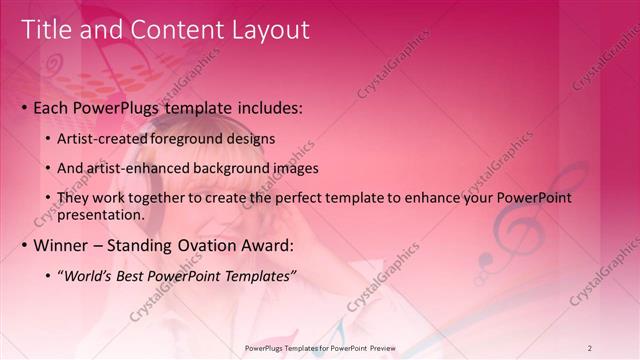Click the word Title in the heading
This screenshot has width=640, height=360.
pos(47,30)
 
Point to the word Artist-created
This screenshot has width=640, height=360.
pos(101,138)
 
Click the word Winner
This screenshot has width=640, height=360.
pos(62,245)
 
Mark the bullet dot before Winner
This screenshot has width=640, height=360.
pos(24,246)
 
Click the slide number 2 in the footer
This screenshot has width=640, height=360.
pos(590,348)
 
